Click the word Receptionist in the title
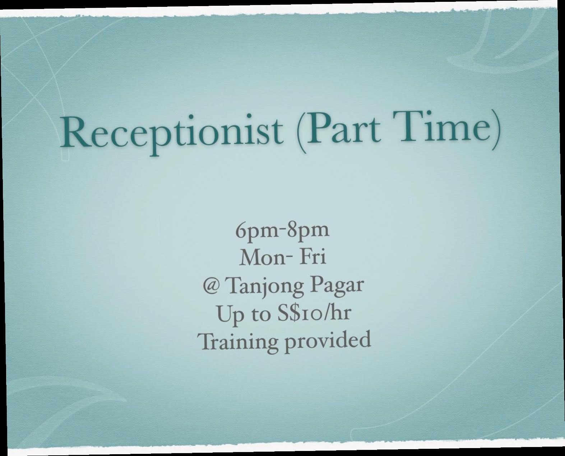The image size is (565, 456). point(172,134)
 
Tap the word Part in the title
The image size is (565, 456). point(343,126)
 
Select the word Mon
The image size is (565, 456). point(263,258)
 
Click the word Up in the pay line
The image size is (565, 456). point(230,315)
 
